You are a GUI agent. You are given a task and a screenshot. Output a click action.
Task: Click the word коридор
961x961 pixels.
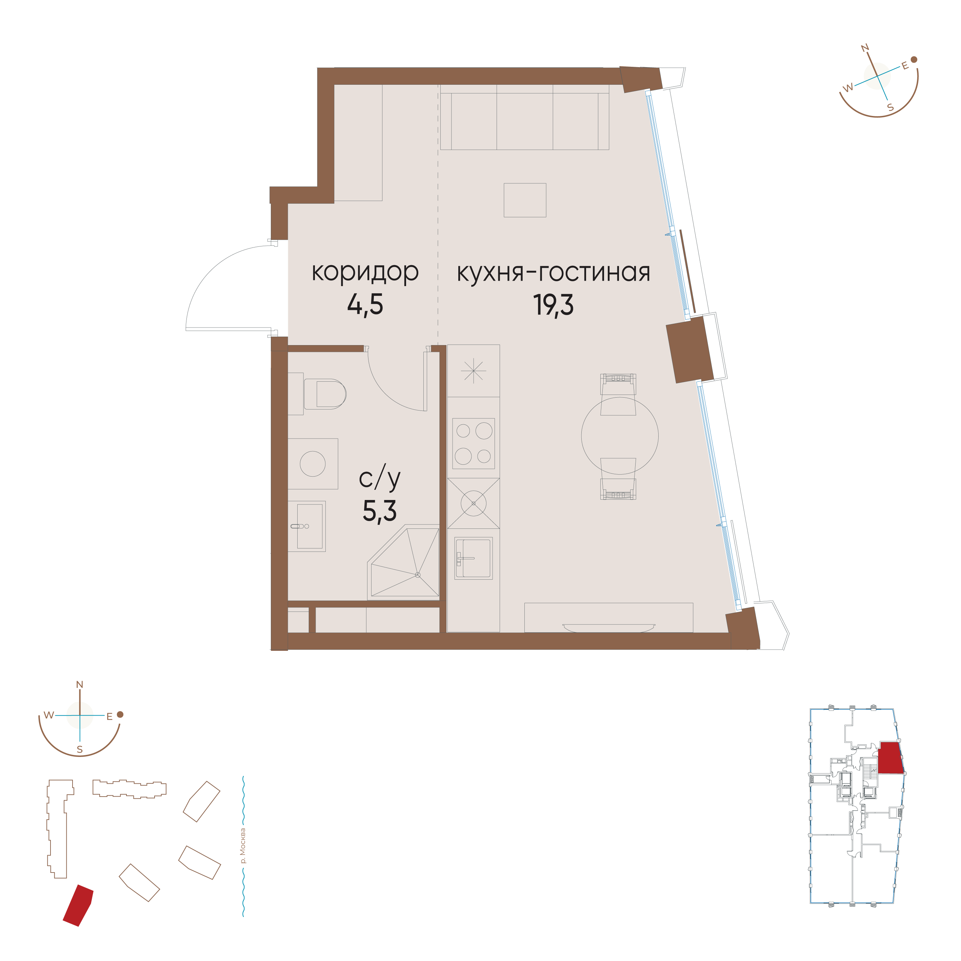point(365,273)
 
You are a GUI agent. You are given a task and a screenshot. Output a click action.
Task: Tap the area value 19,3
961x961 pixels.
point(553,305)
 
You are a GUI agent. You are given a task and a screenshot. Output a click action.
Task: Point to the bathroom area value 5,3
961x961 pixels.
point(380,511)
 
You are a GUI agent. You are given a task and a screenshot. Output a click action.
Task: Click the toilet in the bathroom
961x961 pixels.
point(324,394)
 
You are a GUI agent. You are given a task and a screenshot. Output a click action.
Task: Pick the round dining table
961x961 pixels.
point(620,436)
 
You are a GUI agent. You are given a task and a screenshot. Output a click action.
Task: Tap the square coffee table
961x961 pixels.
point(525,200)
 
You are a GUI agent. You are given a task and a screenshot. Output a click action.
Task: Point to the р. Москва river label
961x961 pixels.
point(243,846)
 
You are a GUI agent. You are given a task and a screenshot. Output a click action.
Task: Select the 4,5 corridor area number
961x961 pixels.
point(365,305)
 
